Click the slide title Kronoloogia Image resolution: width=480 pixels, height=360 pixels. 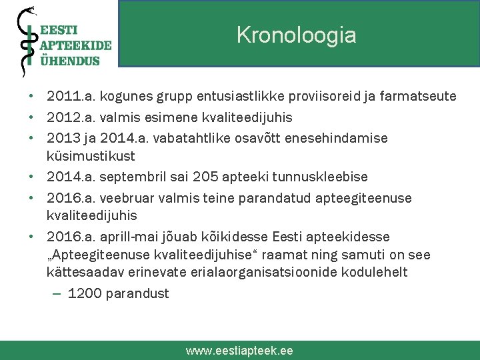pyautogui.click(x=296, y=35)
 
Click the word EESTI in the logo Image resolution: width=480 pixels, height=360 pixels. pyautogui.click(x=59, y=30)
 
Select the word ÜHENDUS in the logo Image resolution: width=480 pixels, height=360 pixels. pyautogui.click(x=70, y=60)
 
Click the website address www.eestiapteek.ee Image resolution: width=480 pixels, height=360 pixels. pyautogui.click(x=239, y=351)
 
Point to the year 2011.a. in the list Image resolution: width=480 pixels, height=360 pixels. pyautogui.click(x=69, y=97)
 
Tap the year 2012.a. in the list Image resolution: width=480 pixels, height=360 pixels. pyautogui.click(x=69, y=117)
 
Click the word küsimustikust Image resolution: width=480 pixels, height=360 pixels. pyautogui.click(x=91, y=156)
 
